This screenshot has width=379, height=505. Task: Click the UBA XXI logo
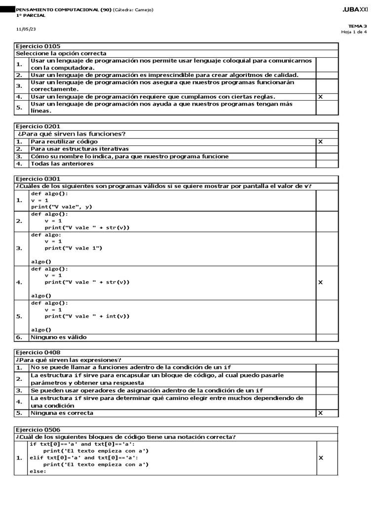click(355, 10)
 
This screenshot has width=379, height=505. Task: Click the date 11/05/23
click(26, 29)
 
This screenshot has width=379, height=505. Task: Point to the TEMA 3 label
click(358, 26)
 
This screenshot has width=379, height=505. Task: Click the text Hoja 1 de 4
click(354, 32)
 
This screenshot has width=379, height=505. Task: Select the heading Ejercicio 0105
click(38, 46)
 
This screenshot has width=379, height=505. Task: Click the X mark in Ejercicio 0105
click(321, 97)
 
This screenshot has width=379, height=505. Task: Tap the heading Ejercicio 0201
click(38, 127)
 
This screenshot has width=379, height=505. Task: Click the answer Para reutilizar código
click(64, 142)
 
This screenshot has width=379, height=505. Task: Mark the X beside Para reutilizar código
click(321, 142)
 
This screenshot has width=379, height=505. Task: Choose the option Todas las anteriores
click(62, 164)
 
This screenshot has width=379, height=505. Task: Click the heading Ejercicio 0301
click(38, 179)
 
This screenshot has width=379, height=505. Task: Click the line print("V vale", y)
click(62, 207)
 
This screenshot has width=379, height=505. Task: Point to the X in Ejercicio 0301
click(321, 283)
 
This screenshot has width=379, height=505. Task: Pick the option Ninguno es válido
click(58, 337)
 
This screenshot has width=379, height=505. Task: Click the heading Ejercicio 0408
click(38, 353)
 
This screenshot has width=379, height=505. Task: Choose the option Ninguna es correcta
click(62, 413)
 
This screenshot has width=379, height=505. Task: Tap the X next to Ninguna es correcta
click(321, 413)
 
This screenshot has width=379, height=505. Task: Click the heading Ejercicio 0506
click(38, 429)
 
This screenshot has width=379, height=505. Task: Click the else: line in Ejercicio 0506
click(38, 471)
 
